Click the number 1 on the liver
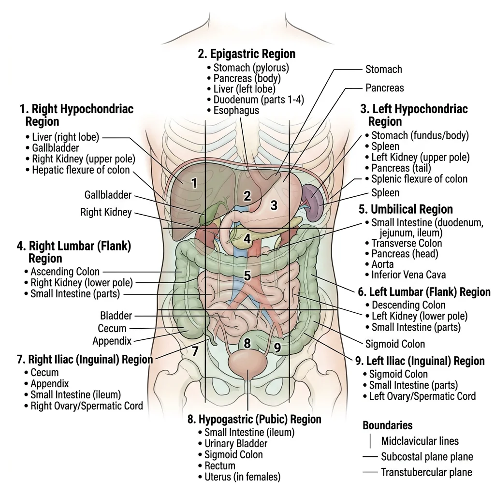(x=194, y=183)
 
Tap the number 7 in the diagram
(x=195, y=351)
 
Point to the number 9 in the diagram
(x=277, y=348)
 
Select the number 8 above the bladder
(x=247, y=344)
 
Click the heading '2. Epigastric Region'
(x=247, y=54)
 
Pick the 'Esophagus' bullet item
(x=236, y=110)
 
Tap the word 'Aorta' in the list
(x=382, y=264)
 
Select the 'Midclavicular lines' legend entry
(x=420, y=441)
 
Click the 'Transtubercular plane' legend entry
(x=426, y=472)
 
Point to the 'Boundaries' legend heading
(x=387, y=425)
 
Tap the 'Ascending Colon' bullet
(x=65, y=272)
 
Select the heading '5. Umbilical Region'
(x=406, y=209)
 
